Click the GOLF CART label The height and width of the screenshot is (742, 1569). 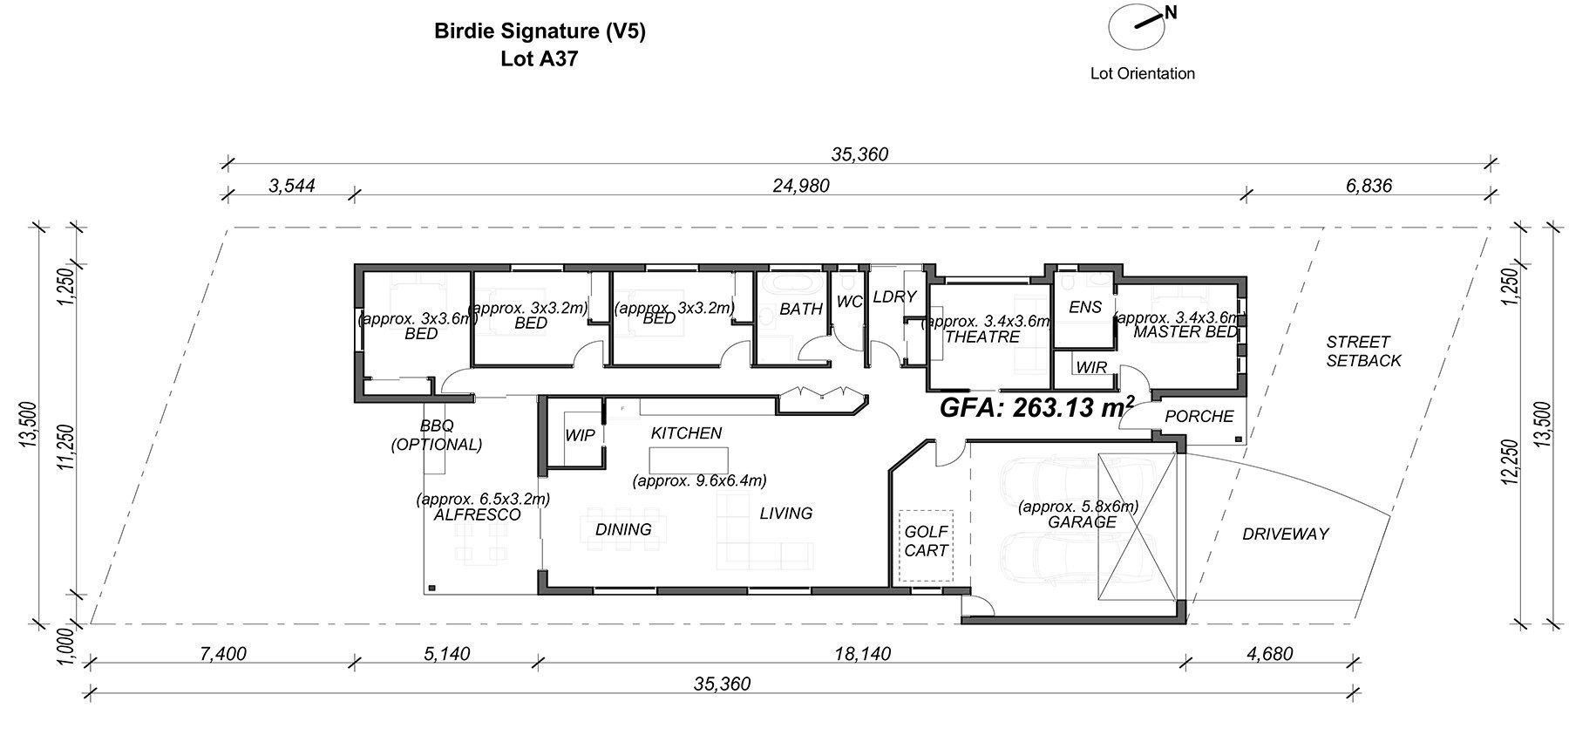926,541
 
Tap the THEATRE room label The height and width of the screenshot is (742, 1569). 982,337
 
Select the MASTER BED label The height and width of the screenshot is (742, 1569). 1185,332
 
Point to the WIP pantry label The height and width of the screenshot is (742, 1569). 580,435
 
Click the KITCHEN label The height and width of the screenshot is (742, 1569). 686,432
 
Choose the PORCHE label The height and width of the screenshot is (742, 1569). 1199,416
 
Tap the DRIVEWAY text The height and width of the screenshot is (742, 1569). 1286,534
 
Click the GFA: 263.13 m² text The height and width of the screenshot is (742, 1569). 1037,406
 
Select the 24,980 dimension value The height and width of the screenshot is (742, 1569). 801,185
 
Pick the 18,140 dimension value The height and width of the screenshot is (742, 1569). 862,653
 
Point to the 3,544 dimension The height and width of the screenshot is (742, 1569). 291,185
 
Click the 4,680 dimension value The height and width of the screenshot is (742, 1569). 1270,653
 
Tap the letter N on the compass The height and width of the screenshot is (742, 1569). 1172,12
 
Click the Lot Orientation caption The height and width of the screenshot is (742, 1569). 1143,73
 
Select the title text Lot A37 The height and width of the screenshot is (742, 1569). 540,59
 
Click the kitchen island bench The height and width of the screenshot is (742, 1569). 689,459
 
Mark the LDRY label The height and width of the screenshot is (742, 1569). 894,296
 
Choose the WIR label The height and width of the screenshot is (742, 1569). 1091,367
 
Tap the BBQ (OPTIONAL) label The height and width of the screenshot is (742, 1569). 437,435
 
